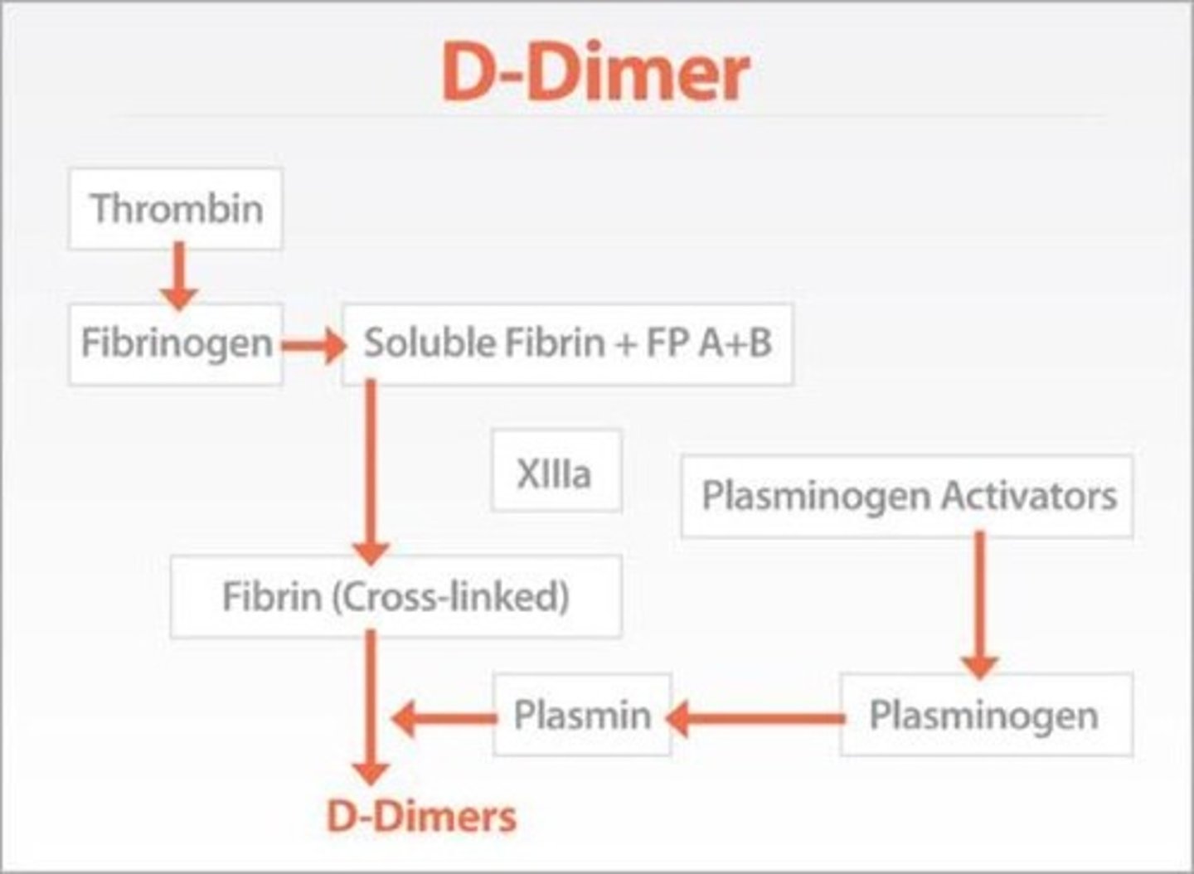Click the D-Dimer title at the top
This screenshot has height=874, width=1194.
pyautogui.click(x=595, y=73)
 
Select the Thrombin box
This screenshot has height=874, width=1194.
pyautogui.click(x=176, y=208)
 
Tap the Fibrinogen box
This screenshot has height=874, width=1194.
pyautogui.click(x=176, y=343)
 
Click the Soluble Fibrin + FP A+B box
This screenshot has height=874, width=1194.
pyautogui.click(x=568, y=343)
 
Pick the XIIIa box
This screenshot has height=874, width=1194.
pyautogui.click(x=556, y=471)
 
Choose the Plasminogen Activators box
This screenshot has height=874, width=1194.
pyautogui.click(x=907, y=496)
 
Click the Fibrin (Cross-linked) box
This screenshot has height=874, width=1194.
pyautogui.click(x=396, y=596)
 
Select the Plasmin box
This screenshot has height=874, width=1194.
pyautogui.click(x=582, y=715)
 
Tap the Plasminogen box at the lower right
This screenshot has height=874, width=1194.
pyautogui.click(x=985, y=715)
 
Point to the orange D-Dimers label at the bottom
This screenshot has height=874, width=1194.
pyautogui.click(x=421, y=817)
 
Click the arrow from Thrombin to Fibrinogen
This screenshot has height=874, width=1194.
pyautogui.click(x=178, y=276)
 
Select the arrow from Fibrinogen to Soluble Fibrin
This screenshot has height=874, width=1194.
pyautogui.click(x=313, y=346)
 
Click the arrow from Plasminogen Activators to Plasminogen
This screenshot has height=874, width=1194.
pyautogui.click(x=979, y=604)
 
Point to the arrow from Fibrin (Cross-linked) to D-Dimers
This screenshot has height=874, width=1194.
pyautogui.click(x=371, y=705)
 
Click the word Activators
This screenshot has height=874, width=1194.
pyautogui.click(x=1028, y=496)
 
